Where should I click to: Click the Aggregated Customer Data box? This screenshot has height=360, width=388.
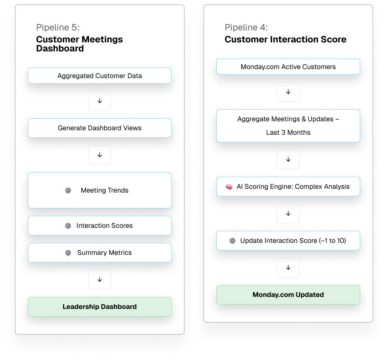point(100,76)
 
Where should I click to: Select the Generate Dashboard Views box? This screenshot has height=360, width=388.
point(100,128)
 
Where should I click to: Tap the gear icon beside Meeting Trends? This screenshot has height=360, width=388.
point(68,190)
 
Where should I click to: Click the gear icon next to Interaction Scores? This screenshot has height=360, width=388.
point(68,226)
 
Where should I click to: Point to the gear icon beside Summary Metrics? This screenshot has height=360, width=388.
point(68,253)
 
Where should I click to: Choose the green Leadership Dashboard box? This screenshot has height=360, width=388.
point(100,307)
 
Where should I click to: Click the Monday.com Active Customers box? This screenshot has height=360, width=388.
point(288,67)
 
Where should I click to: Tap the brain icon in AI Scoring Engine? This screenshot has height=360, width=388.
point(229,187)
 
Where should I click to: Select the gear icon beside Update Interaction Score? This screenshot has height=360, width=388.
point(232,241)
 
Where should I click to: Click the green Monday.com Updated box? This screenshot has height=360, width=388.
point(288,295)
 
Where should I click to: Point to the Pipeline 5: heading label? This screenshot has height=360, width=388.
point(58,27)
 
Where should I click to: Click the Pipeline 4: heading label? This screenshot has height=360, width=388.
point(246,27)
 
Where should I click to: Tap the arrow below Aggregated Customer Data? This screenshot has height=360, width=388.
point(100,101)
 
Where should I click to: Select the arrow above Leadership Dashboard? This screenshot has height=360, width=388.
point(100,280)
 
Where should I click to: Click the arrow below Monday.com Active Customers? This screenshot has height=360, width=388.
point(288,92)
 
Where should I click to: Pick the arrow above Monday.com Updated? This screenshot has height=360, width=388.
point(288,268)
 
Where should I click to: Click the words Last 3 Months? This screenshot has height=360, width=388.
point(288,133)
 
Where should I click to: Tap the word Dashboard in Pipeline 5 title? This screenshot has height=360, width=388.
point(60,48)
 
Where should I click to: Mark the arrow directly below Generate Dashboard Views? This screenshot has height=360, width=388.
point(100,155)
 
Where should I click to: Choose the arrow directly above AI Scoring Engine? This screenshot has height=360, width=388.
point(288,160)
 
